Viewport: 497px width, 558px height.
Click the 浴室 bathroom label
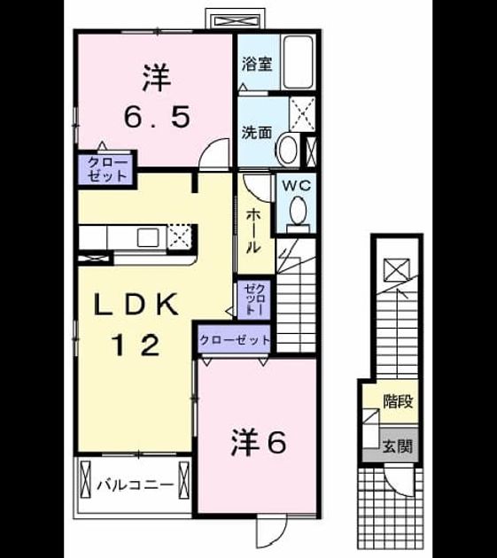[x=257, y=64]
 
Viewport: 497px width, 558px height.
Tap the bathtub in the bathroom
[x=298, y=62]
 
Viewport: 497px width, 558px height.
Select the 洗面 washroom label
[x=257, y=132]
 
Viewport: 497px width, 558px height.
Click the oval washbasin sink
[x=288, y=150]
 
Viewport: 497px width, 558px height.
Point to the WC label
[x=296, y=185]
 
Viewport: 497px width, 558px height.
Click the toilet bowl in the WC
[x=299, y=211]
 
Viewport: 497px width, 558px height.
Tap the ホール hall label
[x=253, y=230]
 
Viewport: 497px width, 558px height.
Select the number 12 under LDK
[x=136, y=345]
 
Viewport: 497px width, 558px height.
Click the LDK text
[x=136, y=304]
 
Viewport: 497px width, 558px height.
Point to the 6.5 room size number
[x=157, y=117]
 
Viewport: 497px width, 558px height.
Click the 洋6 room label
[x=259, y=442]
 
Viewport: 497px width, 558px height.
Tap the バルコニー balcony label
[x=136, y=484]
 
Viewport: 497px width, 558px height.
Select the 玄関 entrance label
[x=397, y=446]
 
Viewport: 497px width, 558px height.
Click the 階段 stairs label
[x=398, y=401]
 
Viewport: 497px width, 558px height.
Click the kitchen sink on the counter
[x=148, y=237]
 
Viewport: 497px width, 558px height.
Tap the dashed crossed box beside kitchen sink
[x=180, y=236]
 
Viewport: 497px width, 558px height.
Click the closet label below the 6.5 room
[x=107, y=169]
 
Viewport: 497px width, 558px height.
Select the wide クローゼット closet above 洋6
[x=235, y=340]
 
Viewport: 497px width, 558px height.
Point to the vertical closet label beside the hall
[x=254, y=299]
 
